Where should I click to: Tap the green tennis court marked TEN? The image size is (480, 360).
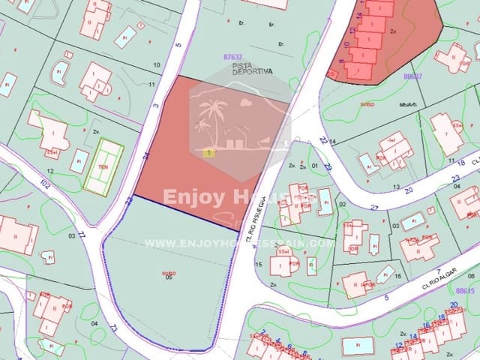(103, 166)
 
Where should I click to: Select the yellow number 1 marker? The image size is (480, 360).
(208, 152)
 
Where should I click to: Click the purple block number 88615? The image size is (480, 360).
(463, 289)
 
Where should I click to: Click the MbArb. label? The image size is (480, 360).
(408, 105)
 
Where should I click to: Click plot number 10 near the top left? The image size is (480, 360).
(156, 64)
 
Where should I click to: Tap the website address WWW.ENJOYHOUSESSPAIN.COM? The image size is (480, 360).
(238, 243)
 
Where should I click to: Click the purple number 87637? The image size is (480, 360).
(233, 56)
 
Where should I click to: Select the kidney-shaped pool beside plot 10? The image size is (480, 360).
(59, 73)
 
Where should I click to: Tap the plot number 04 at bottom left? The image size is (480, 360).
(94, 324)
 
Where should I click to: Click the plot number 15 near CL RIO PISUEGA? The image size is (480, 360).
(258, 264)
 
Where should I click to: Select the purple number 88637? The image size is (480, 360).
(412, 76)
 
